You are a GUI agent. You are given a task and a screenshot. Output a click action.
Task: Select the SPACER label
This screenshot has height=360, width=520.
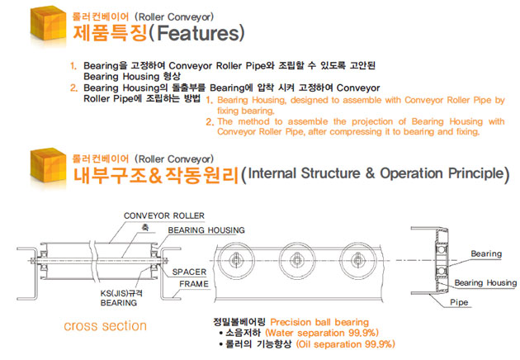tap(190, 271)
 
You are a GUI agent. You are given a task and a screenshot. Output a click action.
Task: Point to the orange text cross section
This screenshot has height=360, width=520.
tap(105, 325)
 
